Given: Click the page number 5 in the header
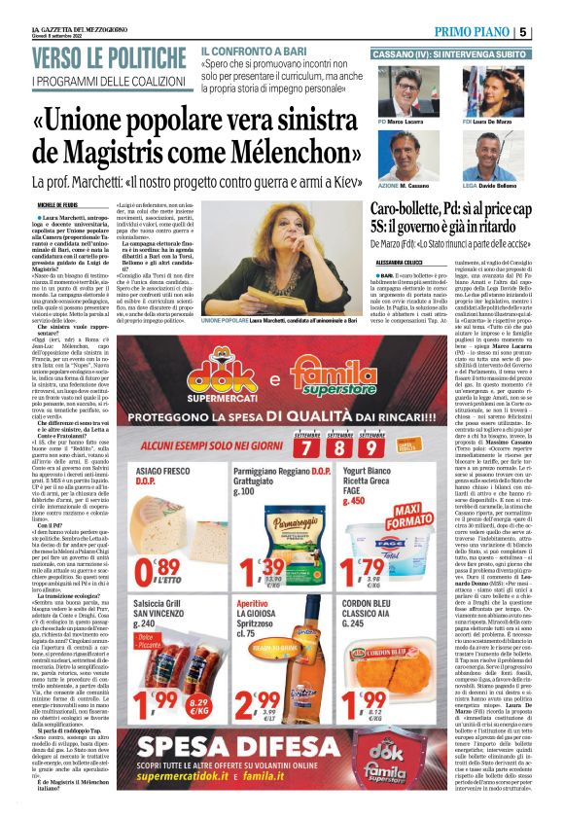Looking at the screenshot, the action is pos(549,32).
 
